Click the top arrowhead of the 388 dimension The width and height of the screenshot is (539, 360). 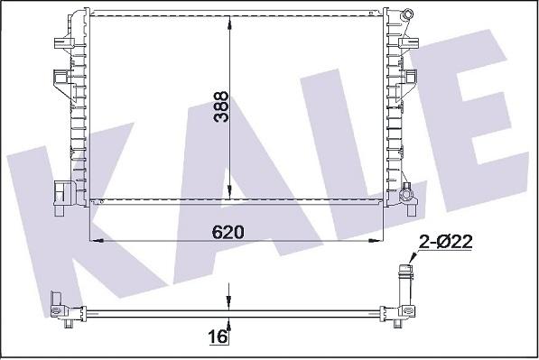pyautogui.click(x=232, y=20)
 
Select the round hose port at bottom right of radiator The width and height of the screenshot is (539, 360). pyautogui.click(x=409, y=192)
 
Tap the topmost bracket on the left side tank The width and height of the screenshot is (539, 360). pyautogui.click(x=60, y=42)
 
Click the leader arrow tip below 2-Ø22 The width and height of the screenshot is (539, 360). pyautogui.click(x=408, y=263)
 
